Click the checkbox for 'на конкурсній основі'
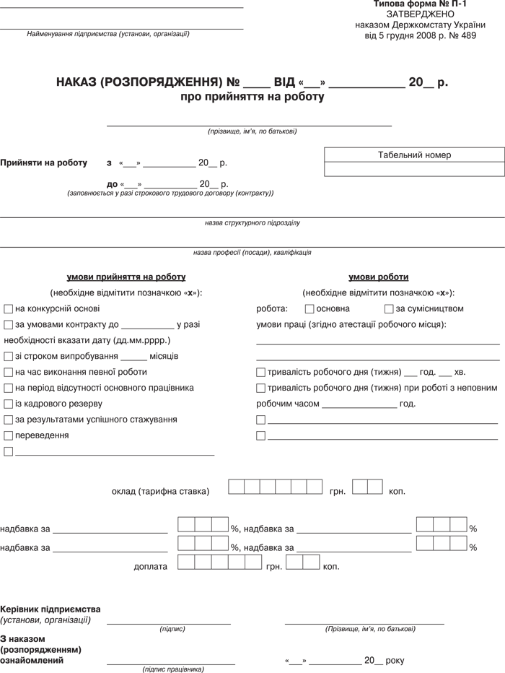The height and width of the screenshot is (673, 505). [9, 309]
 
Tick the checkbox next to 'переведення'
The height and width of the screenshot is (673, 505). [9, 435]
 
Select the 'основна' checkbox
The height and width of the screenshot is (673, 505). [309, 309]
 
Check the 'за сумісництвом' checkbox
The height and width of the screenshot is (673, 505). [389, 309]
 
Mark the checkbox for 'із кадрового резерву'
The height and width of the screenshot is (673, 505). [9, 404]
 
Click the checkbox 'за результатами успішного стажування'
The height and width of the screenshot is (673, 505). [9, 420]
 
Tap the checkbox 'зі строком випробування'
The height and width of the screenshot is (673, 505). [9, 357]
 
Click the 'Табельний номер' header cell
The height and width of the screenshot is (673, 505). [414, 155]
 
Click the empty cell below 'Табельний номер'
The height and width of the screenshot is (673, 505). [414, 169]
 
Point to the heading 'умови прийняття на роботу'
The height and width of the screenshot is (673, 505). [126, 277]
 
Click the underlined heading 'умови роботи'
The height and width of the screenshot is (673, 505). [378, 277]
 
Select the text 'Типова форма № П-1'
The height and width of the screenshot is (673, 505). [421, 4]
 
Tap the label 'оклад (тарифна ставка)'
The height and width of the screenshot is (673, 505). [160, 492]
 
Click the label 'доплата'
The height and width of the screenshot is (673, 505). [151, 567]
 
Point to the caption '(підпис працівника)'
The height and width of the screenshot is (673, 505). [173, 669]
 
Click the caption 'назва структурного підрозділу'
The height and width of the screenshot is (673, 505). [252, 223]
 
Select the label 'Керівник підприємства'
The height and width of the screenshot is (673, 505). [50, 609]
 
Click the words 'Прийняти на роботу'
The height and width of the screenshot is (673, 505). [43, 163]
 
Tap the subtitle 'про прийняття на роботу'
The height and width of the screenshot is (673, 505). [252, 96]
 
